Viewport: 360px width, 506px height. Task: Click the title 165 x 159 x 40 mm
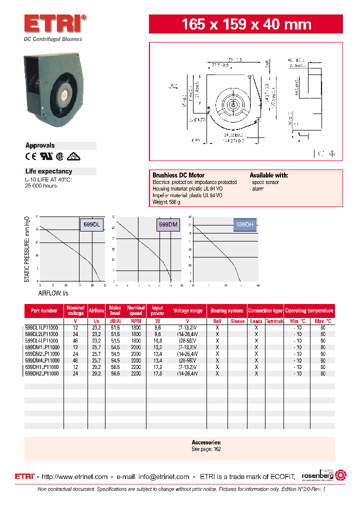point(246,24)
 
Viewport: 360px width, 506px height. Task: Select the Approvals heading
point(40,145)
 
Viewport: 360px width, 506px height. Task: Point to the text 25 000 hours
point(41,186)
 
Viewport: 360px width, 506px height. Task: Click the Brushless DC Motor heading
point(178,175)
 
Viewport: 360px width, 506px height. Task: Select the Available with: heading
point(268,175)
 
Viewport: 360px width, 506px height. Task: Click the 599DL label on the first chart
point(92,225)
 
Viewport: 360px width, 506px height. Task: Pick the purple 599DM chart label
point(168,225)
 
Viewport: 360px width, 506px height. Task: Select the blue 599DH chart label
point(245,225)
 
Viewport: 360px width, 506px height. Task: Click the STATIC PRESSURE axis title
point(27,249)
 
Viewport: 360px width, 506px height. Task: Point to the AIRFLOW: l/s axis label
point(53,293)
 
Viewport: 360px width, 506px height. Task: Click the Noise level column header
point(115,310)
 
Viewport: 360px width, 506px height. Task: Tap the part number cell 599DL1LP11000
point(42,327)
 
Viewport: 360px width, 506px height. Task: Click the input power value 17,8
point(157,373)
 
